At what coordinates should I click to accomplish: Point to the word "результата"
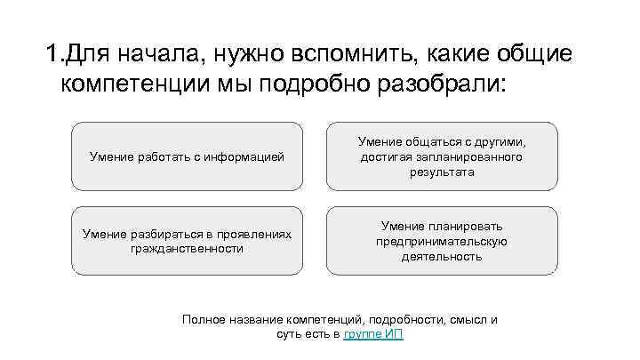pyautogui.click(x=442, y=172)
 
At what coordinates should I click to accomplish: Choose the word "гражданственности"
pyautogui.click(x=187, y=249)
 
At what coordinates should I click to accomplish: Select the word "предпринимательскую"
pyautogui.click(x=442, y=241)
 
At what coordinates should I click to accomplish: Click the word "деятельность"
pyautogui.click(x=442, y=256)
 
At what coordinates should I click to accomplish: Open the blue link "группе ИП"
pyautogui.click(x=379, y=334)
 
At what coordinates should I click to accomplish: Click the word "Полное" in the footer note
pyautogui.click(x=202, y=319)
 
